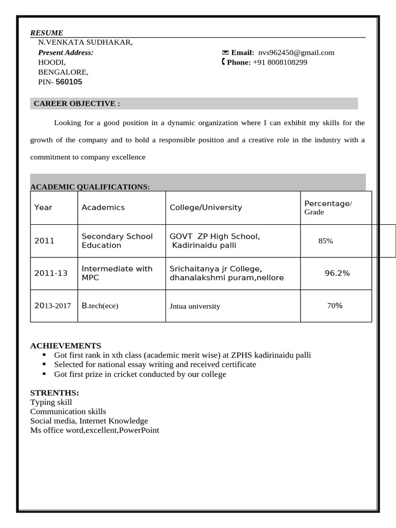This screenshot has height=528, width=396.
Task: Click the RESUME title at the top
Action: point(46,32)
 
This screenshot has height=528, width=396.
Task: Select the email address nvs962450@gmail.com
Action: point(296,53)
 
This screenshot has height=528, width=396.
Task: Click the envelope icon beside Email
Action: point(225,53)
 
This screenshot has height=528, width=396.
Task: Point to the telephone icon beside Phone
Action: point(223,62)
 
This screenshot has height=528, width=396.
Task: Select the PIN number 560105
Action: point(69,82)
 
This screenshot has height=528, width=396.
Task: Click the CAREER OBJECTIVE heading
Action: point(77,104)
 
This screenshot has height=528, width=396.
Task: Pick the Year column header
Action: point(43,207)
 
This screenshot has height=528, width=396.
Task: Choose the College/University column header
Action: point(206,207)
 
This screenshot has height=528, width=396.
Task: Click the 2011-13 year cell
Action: point(51,273)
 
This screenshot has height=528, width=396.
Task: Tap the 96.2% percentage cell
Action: point(337,273)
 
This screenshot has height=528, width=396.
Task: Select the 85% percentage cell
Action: point(326,241)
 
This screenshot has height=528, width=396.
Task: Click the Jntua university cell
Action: point(195,306)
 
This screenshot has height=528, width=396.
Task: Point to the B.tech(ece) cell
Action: point(100,306)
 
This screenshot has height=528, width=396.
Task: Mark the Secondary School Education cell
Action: point(117,241)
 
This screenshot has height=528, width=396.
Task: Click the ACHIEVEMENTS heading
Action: point(65,345)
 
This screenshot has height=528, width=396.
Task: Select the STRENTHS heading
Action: point(54,393)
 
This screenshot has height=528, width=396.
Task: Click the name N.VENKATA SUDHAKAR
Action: point(86,42)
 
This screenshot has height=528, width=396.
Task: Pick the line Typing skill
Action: point(51,402)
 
